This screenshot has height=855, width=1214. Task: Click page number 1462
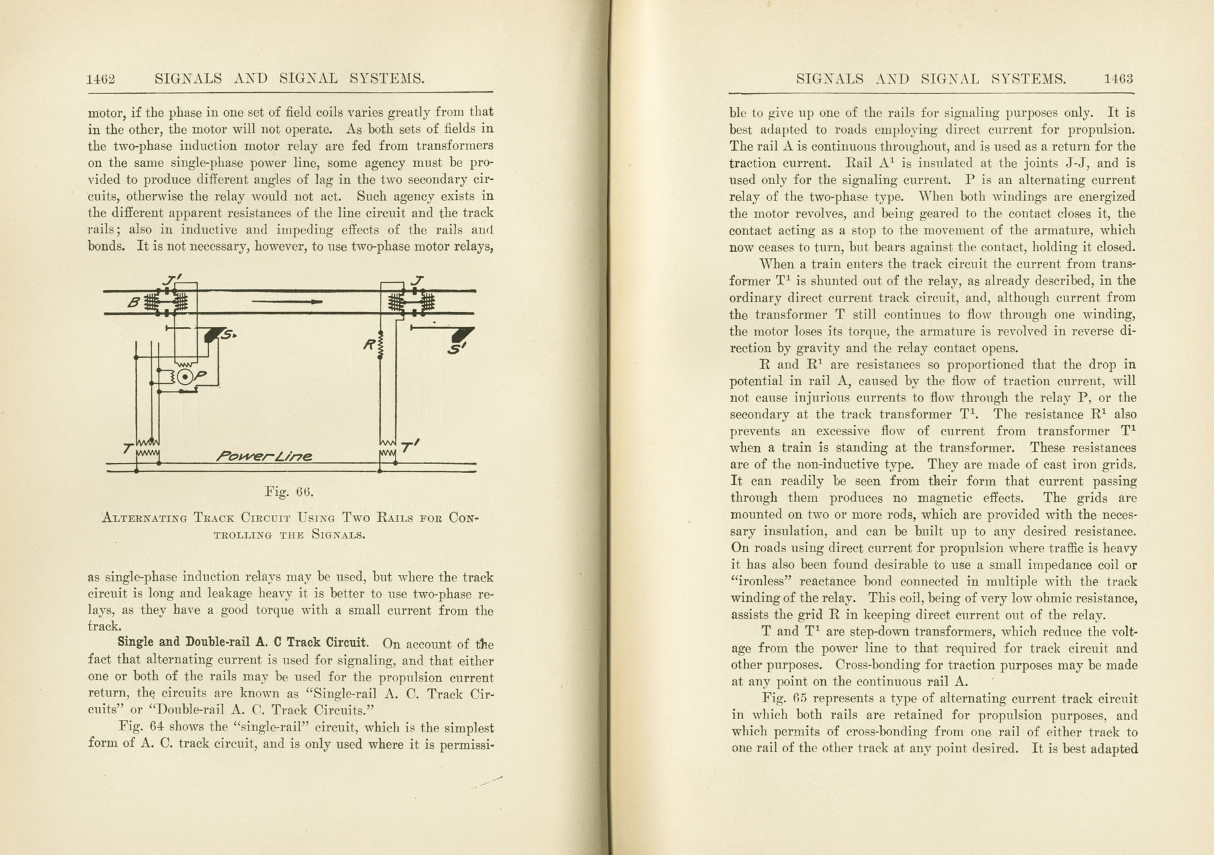click(x=101, y=79)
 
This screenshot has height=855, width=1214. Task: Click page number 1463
click(x=1118, y=79)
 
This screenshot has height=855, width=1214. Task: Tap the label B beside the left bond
click(x=134, y=302)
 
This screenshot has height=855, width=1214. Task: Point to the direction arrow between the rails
click(x=287, y=302)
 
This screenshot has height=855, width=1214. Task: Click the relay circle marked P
click(x=185, y=377)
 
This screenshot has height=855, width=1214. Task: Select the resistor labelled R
click(x=381, y=345)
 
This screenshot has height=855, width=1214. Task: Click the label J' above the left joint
click(x=172, y=281)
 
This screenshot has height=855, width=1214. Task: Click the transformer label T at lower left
click(x=128, y=448)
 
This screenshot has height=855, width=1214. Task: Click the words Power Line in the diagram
click(x=264, y=456)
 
